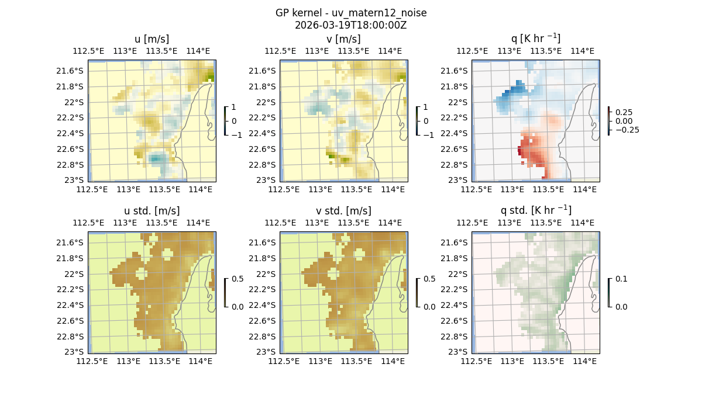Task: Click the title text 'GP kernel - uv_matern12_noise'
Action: pyautogui.click(x=350, y=13)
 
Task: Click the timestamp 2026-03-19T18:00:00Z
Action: pyautogui.click(x=350, y=25)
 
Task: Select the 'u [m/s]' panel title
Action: pyautogui.click(x=152, y=39)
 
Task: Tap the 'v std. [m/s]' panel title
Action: pyautogui.click(x=343, y=211)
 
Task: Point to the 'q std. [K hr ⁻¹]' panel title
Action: pyautogui.click(x=535, y=210)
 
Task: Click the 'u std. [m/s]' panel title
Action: pyautogui.click(x=152, y=211)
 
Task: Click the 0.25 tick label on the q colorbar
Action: pyautogui.click(x=623, y=112)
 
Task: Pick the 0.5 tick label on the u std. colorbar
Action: pyautogui.click(x=238, y=279)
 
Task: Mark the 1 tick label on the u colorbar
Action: pyautogui.click(x=234, y=108)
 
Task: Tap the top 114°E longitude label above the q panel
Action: pyautogui.click(x=581, y=51)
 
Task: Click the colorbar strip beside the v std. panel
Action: pyautogui.click(x=417, y=293)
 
